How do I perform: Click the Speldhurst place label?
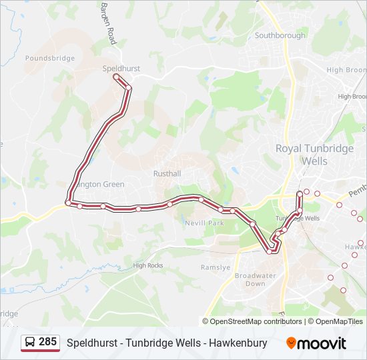(x=121, y=68)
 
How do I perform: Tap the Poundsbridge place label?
(x=50, y=59)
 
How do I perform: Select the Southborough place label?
(x=280, y=35)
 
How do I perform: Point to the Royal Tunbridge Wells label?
(x=314, y=155)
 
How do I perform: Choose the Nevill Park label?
(x=206, y=223)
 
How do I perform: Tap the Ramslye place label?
(x=215, y=267)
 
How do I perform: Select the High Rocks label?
(x=147, y=265)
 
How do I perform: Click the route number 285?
(x=47, y=342)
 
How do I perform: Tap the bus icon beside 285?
(x=30, y=343)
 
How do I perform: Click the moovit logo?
(x=316, y=343)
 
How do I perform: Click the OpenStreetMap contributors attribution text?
(x=256, y=321)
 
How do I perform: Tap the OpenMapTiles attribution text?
(x=339, y=321)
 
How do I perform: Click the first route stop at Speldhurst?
(x=116, y=77)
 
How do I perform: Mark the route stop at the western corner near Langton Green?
(x=68, y=203)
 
